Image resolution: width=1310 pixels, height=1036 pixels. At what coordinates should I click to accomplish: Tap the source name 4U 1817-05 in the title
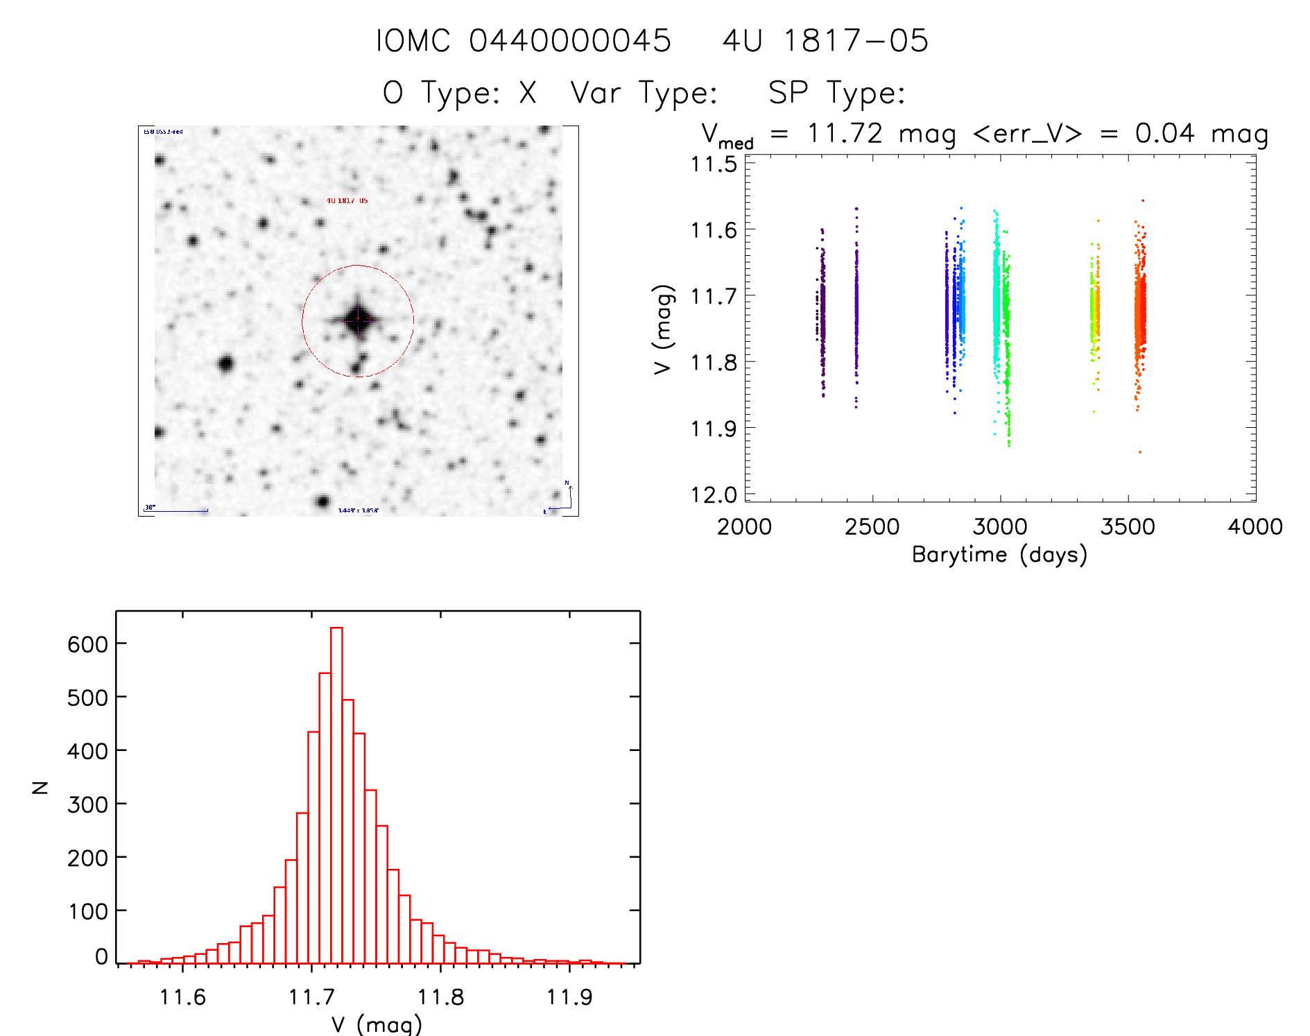click(825, 41)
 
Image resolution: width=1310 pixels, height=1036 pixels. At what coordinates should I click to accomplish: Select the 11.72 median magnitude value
click(845, 133)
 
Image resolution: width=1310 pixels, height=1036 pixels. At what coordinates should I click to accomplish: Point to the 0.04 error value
click(1164, 133)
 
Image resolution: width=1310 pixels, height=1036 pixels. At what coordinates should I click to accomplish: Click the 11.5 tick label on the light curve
click(714, 164)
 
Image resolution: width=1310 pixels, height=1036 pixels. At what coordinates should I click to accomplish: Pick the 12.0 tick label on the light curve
click(714, 495)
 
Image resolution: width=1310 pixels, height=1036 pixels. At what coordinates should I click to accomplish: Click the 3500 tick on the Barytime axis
click(1128, 527)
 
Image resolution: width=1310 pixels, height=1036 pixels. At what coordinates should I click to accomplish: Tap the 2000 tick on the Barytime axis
click(744, 527)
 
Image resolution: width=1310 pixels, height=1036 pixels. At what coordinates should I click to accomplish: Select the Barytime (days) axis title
click(999, 555)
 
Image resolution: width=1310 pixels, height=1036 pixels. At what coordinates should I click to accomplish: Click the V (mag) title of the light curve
click(663, 329)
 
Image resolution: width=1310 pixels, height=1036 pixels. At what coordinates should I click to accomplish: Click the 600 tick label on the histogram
click(87, 644)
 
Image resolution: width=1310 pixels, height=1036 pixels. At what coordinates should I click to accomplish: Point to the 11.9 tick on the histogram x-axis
click(569, 997)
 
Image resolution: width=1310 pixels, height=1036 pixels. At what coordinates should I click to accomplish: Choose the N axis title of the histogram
click(41, 787)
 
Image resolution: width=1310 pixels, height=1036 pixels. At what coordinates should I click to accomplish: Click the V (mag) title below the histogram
click(377, 1024)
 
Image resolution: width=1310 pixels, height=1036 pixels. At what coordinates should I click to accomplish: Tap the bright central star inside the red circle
click(358, 320)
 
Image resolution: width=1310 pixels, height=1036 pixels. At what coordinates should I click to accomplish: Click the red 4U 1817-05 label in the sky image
click(347, 200)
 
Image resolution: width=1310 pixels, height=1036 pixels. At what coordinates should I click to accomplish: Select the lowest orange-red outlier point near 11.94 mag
click(1139, 452)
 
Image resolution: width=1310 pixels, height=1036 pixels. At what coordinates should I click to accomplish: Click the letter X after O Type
click(528, 93)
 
